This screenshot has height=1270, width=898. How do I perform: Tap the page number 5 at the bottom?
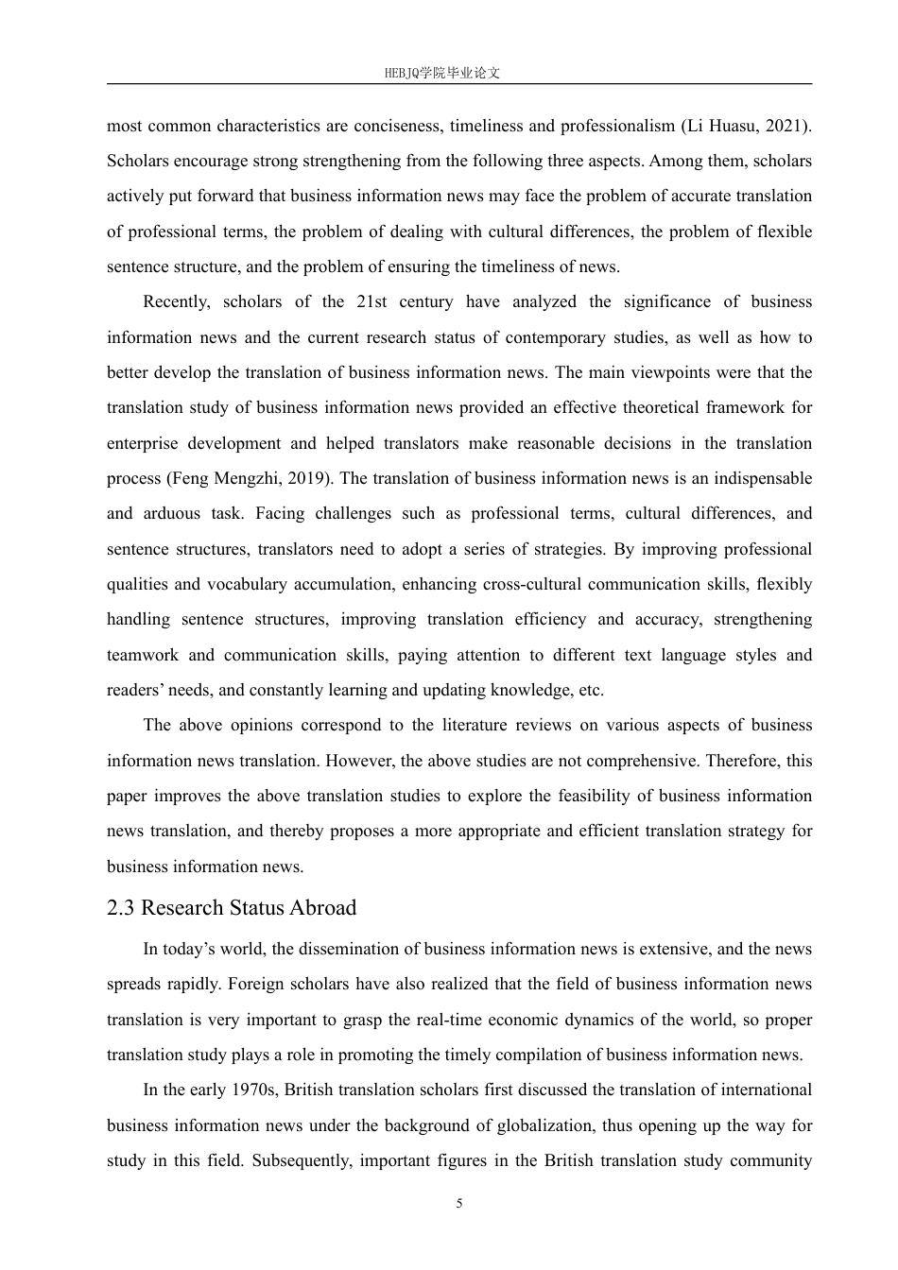(459, 1204)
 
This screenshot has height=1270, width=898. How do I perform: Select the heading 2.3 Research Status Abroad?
(232, 908)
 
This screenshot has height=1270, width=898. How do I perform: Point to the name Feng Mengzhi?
(224, 479)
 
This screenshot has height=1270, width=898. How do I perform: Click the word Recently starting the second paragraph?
(176, 302)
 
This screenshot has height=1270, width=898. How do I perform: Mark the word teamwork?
(141, 656)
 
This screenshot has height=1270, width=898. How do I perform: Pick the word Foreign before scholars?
(256, 985)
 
